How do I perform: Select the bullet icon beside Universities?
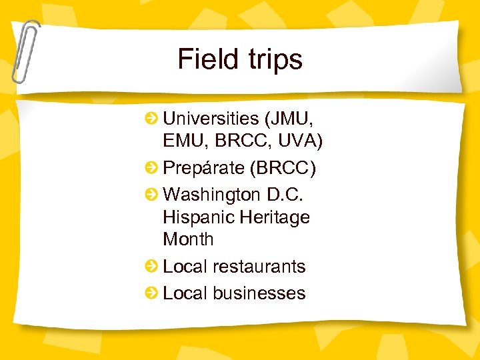click(153, 119)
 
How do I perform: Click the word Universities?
click(211, 119)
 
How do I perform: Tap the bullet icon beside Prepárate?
click(153, 168)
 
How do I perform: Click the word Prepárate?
click(203, 168)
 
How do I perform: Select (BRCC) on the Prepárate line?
click(283, 168)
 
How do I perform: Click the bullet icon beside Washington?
click(153, 195)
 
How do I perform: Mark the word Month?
click(188, 239)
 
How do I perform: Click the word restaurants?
click(259, 267)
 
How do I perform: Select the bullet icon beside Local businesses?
click(153, 293)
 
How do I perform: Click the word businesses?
click(259, 293)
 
